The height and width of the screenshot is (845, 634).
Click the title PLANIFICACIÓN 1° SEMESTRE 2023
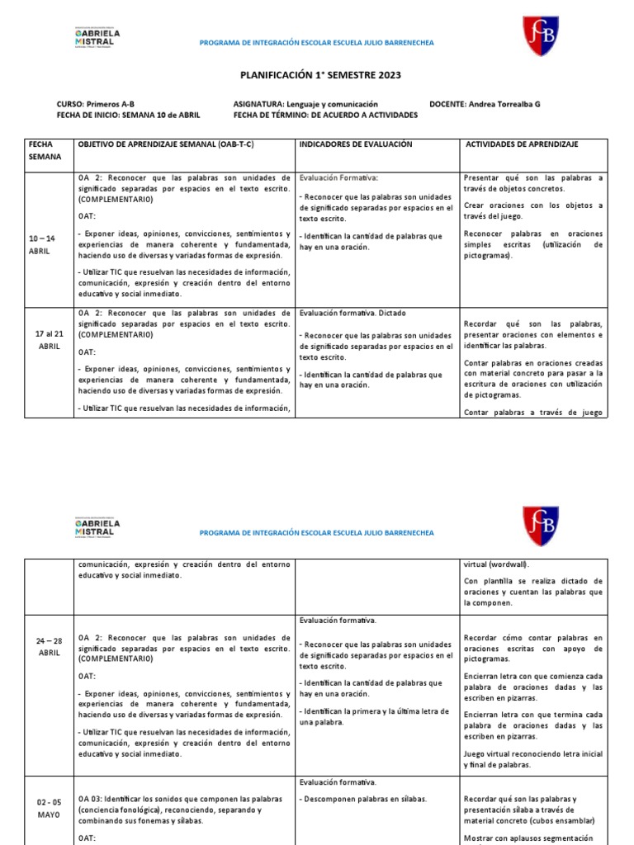[x=320, y=75]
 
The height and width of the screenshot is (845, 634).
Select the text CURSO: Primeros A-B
[x=95, y=105]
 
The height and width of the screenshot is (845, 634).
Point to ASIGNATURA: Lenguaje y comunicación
[x=305, y=105]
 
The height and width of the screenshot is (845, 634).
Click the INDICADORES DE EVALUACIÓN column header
[x=355, y=144]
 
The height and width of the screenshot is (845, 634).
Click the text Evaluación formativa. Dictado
[x=352, y=314]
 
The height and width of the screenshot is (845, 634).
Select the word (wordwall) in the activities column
[x=496, y=564]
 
